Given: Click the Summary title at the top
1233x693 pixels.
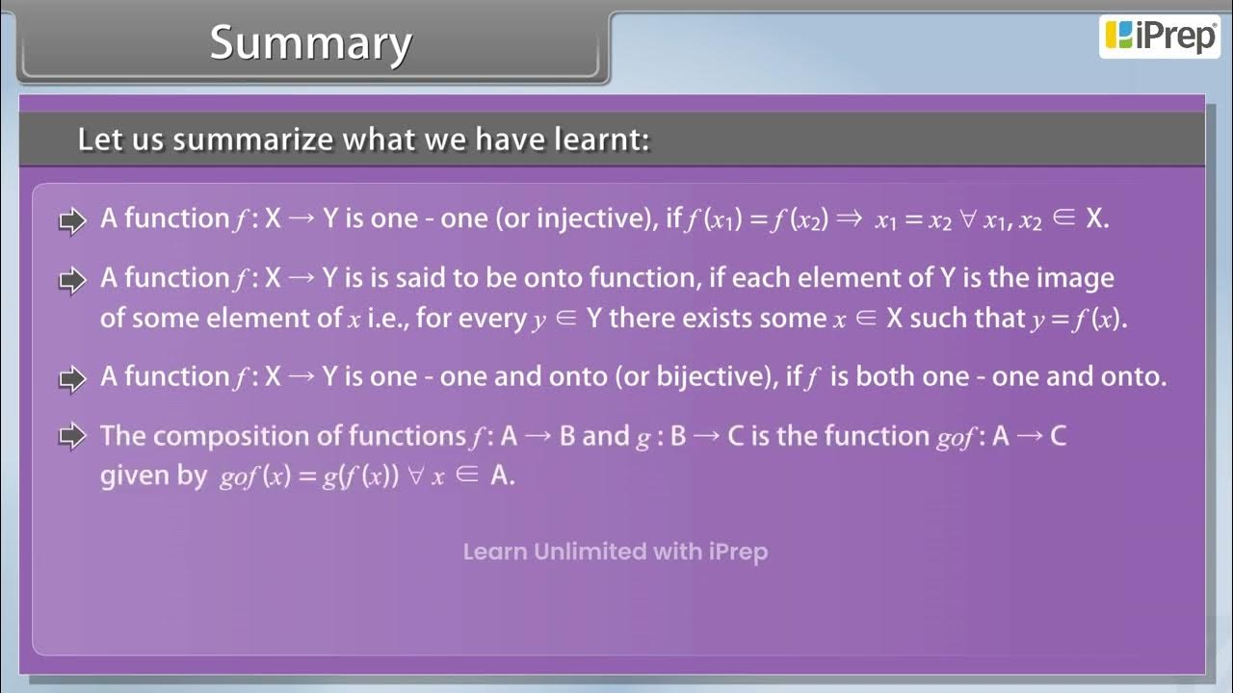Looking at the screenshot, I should (310, 43).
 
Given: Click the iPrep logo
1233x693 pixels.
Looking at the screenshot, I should (1160, 36).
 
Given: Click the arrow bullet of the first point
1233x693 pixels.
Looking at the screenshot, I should (73, 220).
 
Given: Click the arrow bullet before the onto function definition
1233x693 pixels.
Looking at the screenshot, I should (73, 280).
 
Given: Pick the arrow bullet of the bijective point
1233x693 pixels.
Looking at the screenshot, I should (73, 378).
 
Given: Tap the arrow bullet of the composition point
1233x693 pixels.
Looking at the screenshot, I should (73, 437).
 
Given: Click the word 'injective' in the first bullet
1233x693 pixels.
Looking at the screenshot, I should (589, 219).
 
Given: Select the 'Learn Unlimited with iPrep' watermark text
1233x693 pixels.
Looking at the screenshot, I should (615, 552).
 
